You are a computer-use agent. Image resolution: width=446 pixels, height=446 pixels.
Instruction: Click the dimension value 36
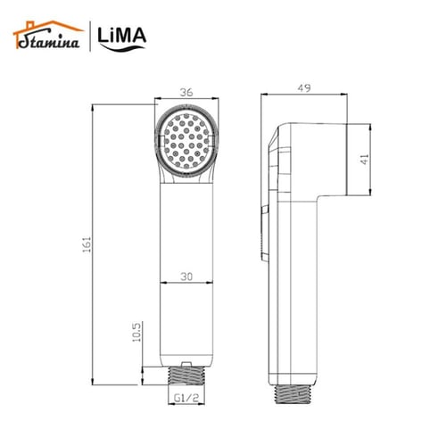coord(186,90)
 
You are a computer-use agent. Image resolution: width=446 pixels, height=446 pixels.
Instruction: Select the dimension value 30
coord(186,276)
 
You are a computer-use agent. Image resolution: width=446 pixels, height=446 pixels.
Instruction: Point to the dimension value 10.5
coord(135,331)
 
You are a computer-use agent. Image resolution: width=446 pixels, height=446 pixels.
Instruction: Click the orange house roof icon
coord(30,28)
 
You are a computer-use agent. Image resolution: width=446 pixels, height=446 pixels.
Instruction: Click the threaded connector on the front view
coord(186,377)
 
